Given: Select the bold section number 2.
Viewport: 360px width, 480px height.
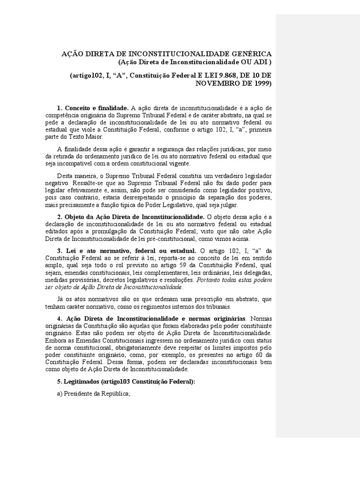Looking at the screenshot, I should pyautogui.click(x=60, y=217).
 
